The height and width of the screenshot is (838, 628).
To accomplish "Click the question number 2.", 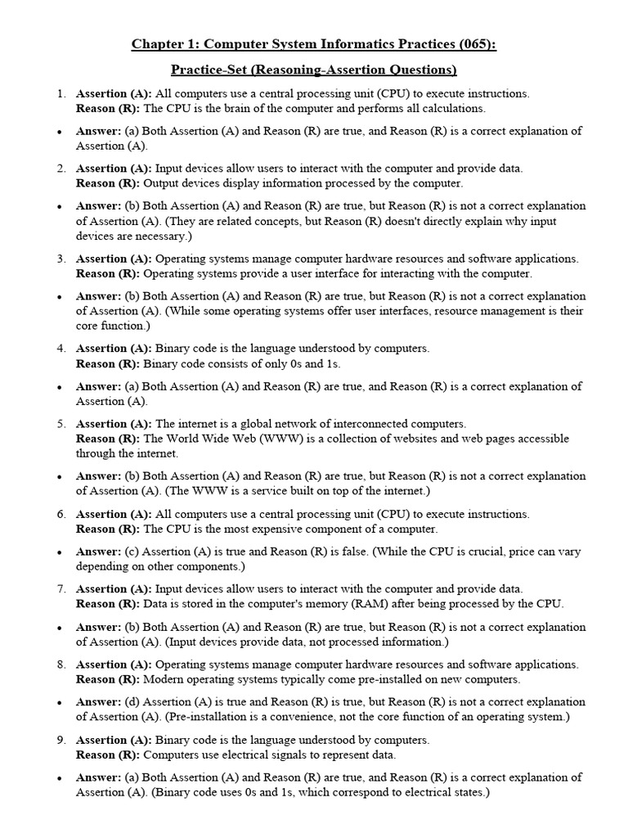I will click(x=61, y=169).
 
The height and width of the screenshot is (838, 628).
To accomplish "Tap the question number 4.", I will click(x=61, y=349).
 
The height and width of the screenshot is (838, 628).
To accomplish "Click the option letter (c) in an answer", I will click(x=131, y=552).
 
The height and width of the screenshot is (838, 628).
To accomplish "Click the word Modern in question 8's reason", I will click(x=163, y=679).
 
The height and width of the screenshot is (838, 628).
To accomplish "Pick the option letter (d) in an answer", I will click(x=131, y=702).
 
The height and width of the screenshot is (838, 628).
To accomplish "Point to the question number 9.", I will click(x=61, y=740).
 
